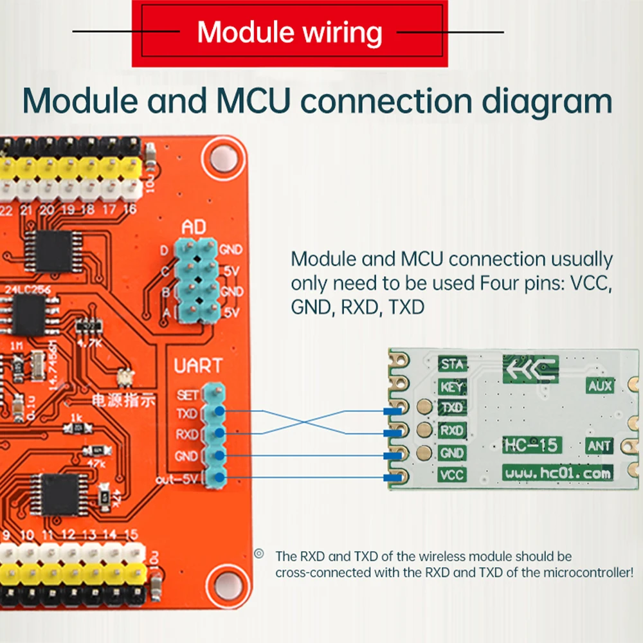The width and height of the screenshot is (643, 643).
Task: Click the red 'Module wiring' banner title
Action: [289, 32]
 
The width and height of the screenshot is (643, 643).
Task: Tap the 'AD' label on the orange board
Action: [195, 228]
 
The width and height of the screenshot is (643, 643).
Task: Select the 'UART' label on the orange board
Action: [198, 367]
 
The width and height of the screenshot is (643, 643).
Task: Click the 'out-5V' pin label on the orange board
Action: [177, 479]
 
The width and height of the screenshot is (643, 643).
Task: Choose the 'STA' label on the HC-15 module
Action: [451, 365]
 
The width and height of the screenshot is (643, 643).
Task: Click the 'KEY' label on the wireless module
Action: [451, 387]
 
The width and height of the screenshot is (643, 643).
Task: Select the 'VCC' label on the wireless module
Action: [451, 475]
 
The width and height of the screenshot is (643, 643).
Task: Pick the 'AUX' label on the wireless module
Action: [599, 386]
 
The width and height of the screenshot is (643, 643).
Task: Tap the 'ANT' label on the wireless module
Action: [599, 446]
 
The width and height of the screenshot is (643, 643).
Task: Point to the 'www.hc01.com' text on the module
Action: [557, 474]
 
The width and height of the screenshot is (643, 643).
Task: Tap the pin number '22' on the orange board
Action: [6, 210]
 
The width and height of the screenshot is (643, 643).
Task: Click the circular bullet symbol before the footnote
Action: [260, 554]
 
